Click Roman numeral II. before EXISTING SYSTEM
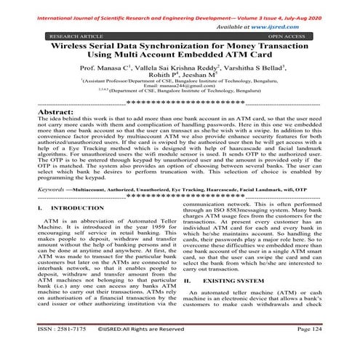[189, 300]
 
